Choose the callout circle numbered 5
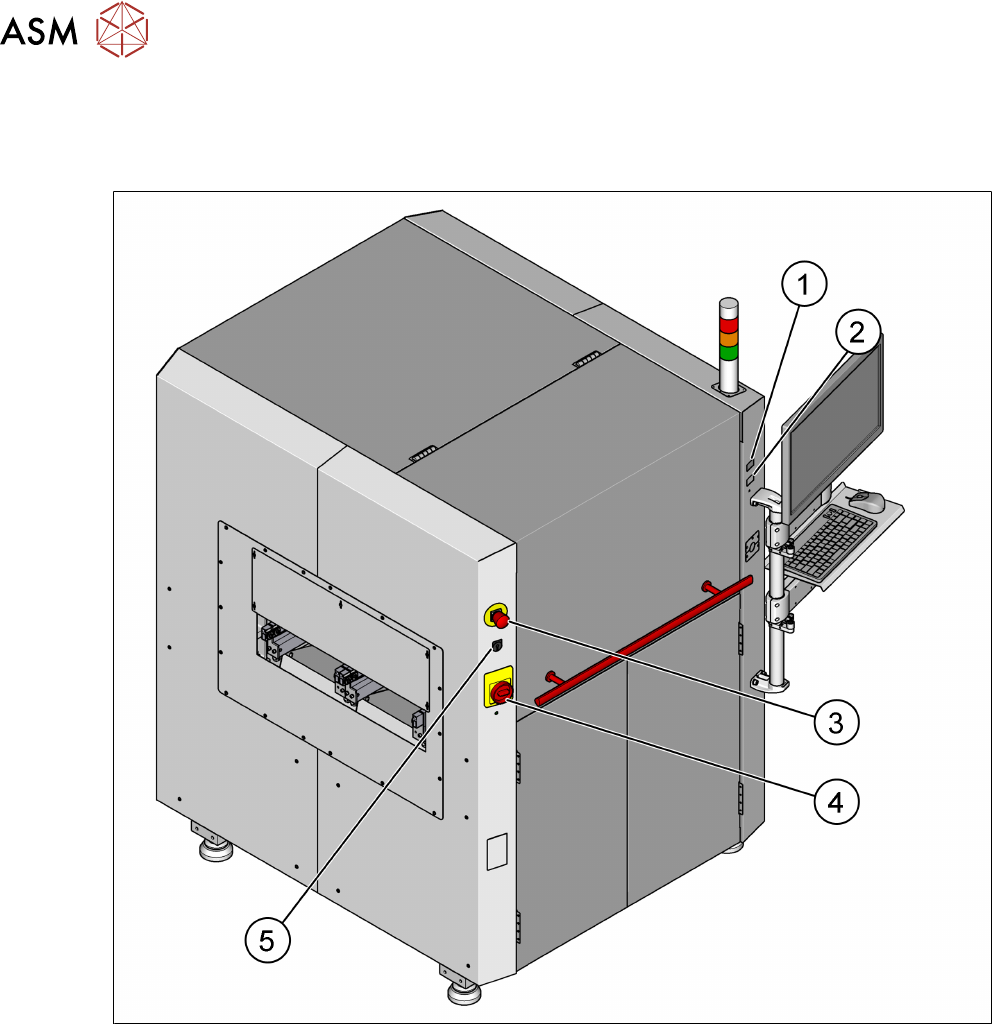[266, 939]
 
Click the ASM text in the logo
[40, 34]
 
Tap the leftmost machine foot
[212, 849]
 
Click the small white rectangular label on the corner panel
[496, 852]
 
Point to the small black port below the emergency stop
[497, 646]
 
